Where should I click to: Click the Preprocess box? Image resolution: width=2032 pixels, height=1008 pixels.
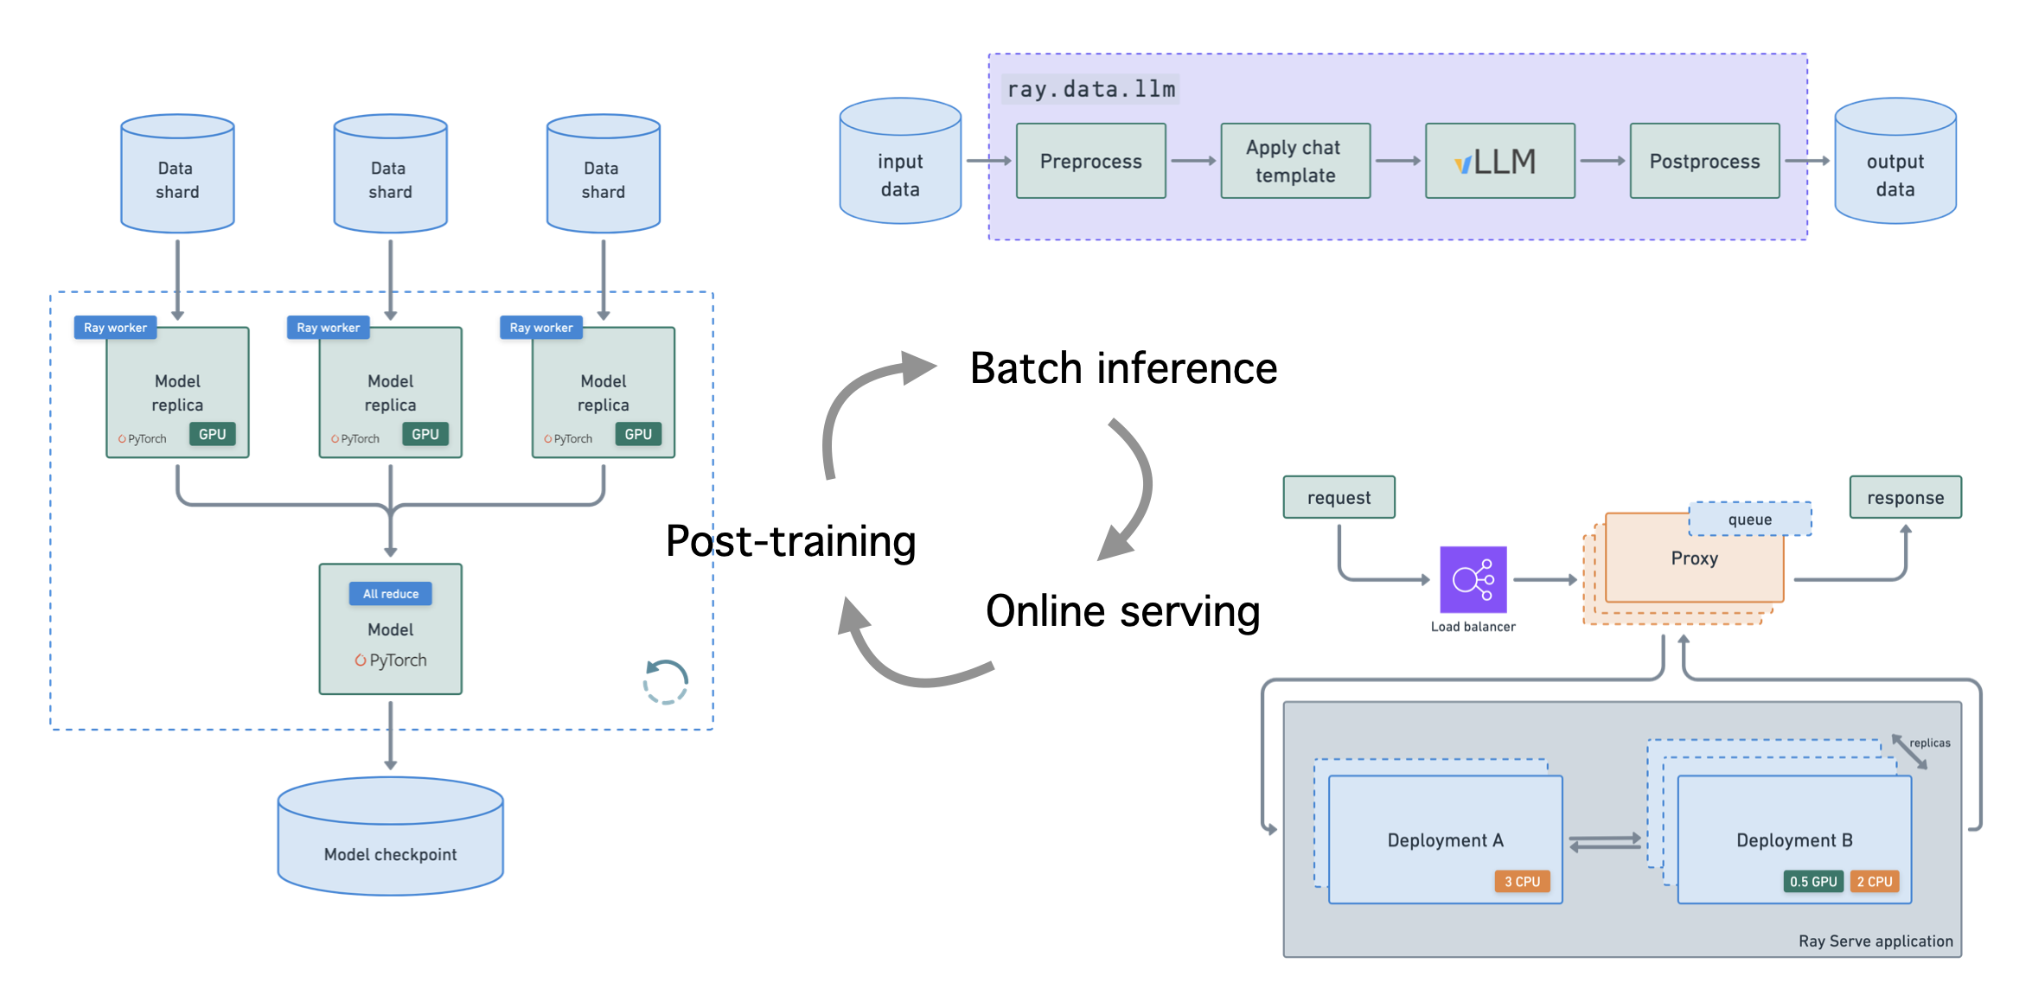(1090, 161)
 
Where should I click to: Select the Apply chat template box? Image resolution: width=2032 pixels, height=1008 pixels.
(1294, 161)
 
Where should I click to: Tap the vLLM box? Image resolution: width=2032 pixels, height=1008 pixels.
(1499, 161)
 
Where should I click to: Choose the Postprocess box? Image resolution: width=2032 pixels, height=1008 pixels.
(1704, 161)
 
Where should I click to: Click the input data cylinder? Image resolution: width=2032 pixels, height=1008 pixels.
(900, 164)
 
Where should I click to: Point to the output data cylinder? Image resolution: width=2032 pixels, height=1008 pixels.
(1895, 164)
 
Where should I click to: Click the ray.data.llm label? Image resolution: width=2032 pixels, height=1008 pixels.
(1090, 89)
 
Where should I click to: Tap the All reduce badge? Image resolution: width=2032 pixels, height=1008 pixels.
(390, 594)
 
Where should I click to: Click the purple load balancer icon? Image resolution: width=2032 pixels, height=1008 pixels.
(1473, 579)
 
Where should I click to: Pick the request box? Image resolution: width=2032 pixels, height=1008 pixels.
(1339, 497)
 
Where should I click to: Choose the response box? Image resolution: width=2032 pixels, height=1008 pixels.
(1905, 497)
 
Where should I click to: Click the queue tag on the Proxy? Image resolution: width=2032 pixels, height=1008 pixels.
(1749, 520)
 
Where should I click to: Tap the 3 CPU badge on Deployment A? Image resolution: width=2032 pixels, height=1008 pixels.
(1522, 882)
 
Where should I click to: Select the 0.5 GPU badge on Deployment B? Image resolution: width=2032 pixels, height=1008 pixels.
(1812, 882)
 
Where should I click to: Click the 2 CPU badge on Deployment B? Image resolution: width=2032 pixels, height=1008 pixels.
(1875, 882)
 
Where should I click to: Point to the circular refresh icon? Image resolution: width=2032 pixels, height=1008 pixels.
(666, 681)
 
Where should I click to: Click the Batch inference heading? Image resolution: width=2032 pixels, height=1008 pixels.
(1123, 368)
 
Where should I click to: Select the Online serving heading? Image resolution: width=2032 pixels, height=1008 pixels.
(1122, 611)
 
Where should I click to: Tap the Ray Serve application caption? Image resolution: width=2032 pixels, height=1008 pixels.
(1875, 941)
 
